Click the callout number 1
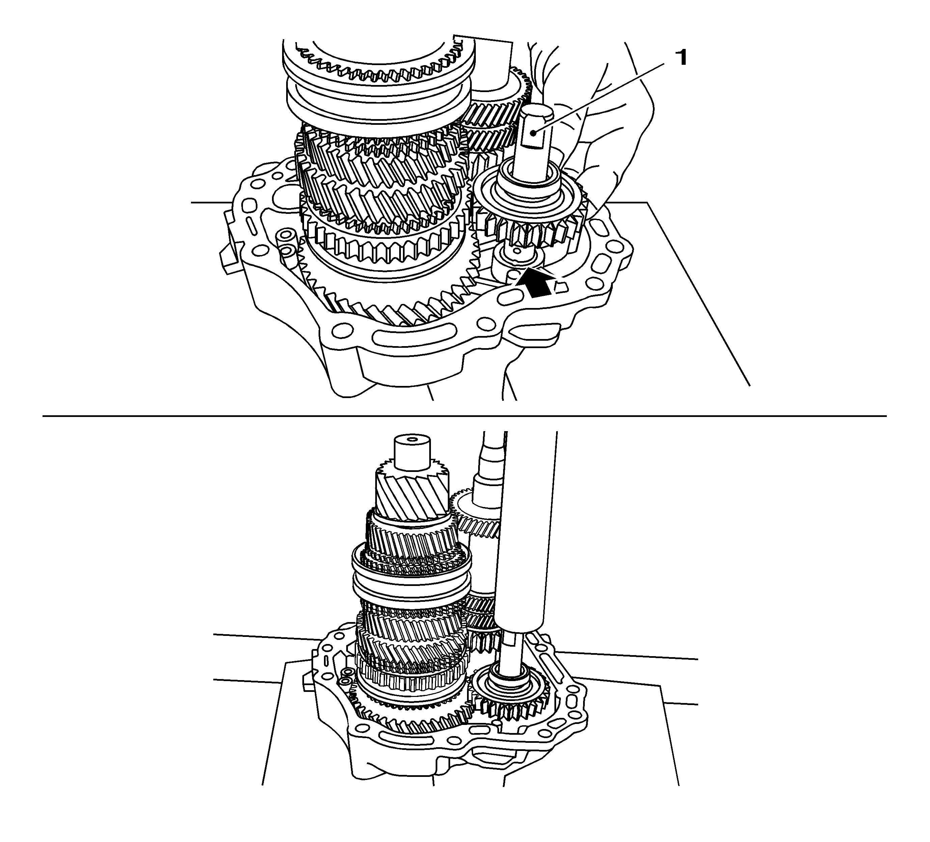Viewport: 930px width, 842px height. coord(681,59)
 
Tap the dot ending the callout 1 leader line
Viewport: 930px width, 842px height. coord(533,133)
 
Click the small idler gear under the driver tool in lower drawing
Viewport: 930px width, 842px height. coord(512,708)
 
